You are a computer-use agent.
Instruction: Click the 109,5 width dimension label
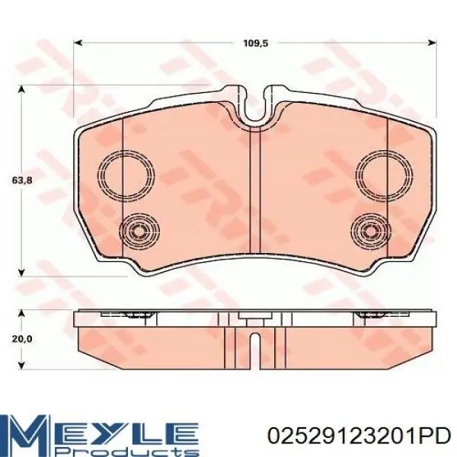pos(255,43)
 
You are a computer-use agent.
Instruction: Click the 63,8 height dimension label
pos(21,181)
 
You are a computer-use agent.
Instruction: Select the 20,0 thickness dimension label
pos(21,339)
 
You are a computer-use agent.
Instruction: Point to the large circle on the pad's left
pos(126,175)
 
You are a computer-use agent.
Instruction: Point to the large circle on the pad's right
pos(384,174)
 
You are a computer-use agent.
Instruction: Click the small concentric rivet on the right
pos(371,231)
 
